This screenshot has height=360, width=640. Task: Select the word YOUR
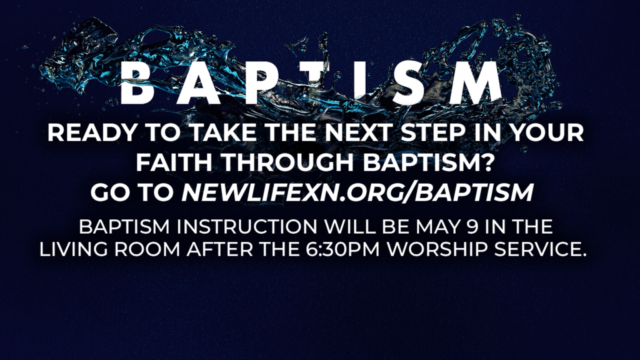click(547, 134)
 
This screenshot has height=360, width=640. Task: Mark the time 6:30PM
click(352, 248)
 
